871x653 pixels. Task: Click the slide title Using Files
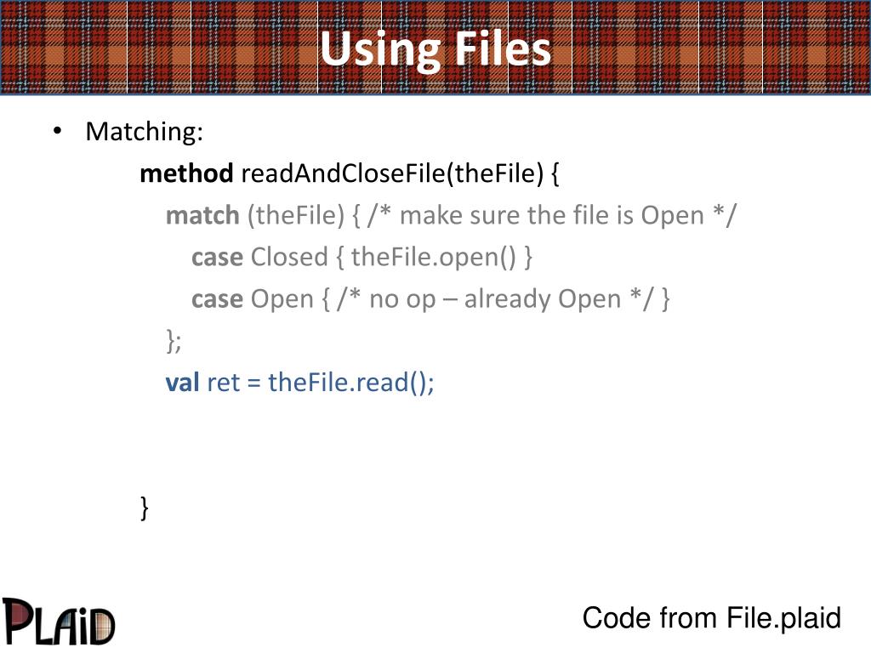click(x=435, y=49)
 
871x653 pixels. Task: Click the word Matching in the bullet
click(x=144, y=132)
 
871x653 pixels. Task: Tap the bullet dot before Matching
click(x=56, y=132)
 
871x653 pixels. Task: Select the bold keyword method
click(x=186, y=173)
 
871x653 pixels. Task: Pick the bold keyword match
click(x=202, y=215)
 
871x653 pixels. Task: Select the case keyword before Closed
click(x=217, y=257)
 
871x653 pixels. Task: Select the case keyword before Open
click(x=217, y=298)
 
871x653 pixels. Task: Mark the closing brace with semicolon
click(x=174, y=341)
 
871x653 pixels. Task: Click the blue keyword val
click(x=182, y=383)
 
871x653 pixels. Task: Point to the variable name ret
click(x=223, y=383)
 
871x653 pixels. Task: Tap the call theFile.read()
click(x=350, y=383)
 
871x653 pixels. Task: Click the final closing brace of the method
click(x=145, y=508)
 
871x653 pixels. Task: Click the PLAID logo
click(x=58, y=620)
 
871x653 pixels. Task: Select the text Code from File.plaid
click(x=711, y=618)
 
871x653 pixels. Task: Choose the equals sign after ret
click(x=253, y=383)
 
